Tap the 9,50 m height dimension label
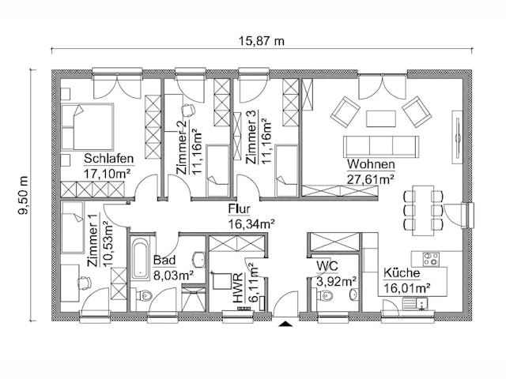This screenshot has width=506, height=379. click(23, 194)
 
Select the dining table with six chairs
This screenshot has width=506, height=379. click(423, 208)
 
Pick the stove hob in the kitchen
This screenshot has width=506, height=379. click(432, 257)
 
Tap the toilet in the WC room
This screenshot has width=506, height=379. click(325, 297)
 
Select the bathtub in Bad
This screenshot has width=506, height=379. click(141, 256)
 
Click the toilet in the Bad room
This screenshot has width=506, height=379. click(143, 297)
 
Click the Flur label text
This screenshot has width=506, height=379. click(239, 209)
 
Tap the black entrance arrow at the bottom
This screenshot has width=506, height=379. click(285, 323)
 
